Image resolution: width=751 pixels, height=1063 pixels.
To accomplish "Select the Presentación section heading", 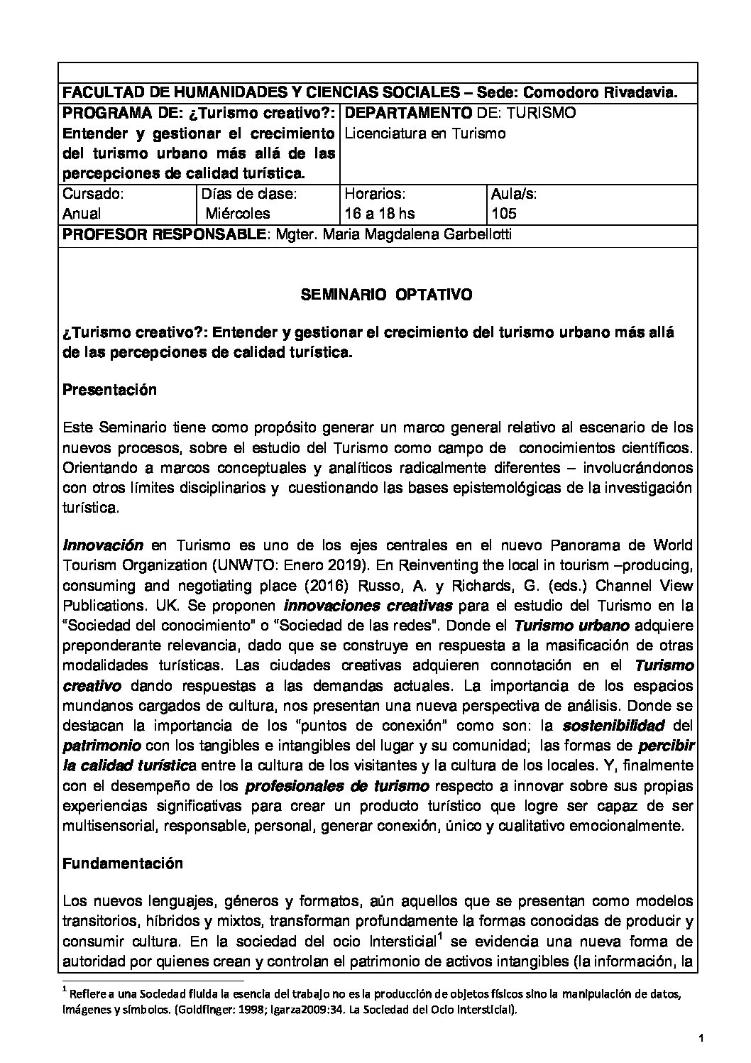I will click(110, 389).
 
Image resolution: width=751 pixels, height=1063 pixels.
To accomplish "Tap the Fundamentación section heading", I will click(123, 863).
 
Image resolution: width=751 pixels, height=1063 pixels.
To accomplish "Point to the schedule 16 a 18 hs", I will click(379, 214).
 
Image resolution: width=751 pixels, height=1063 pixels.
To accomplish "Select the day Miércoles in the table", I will click(239, 214).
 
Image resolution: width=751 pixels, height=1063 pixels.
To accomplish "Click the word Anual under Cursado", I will click(82, 214).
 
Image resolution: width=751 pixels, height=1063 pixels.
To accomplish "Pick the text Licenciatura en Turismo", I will click(425, 133).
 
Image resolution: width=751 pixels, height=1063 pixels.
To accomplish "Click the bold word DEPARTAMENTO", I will click(408, 113).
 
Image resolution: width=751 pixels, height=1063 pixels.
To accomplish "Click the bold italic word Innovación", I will click(104, 545).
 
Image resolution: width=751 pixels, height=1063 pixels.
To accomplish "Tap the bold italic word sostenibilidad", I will click(614, 726).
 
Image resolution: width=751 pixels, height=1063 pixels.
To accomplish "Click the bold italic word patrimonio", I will click(102, 746).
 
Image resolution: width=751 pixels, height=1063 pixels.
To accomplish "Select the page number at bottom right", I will click(700, 1040).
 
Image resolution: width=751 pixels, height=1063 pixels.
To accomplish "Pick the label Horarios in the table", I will click(375, 193).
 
